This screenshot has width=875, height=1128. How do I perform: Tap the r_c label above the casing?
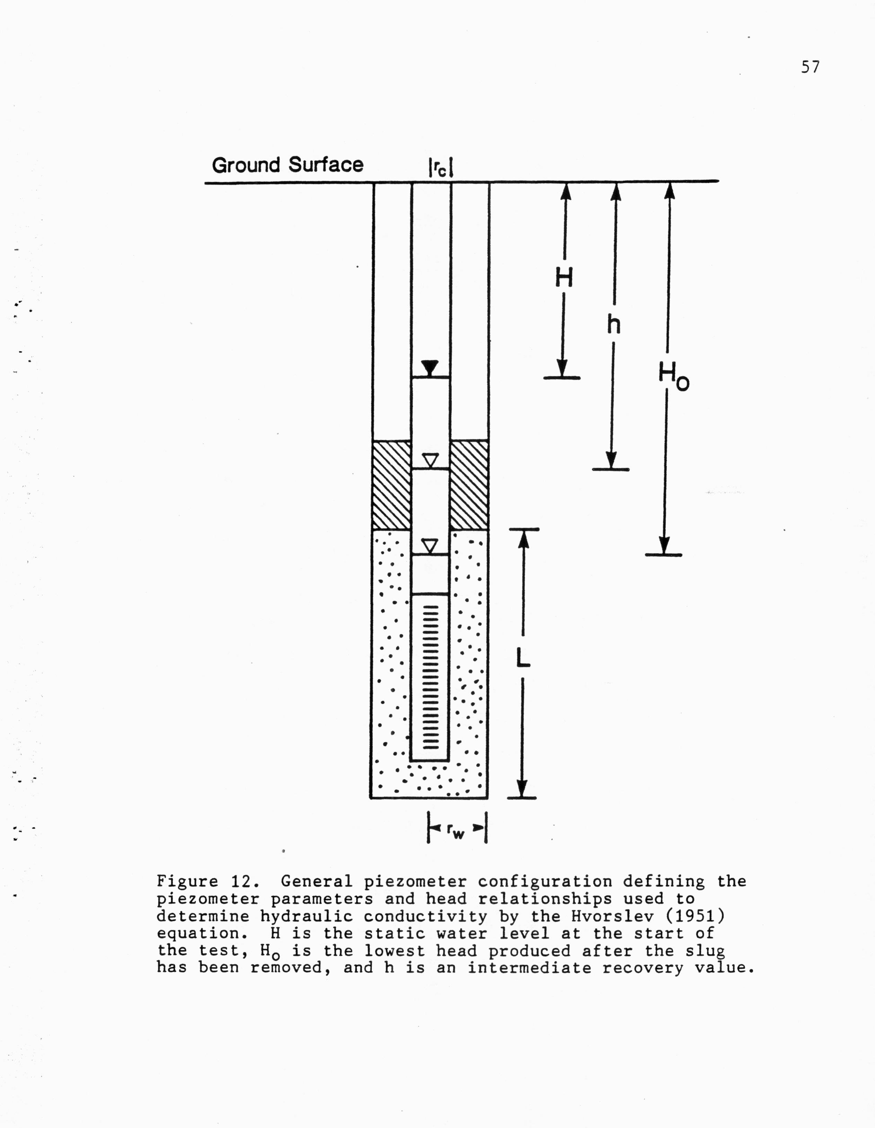440,168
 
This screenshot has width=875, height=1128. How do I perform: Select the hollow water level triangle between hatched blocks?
430,460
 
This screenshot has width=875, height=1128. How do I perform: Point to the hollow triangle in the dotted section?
430,546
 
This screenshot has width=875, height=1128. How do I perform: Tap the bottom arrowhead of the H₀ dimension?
664,546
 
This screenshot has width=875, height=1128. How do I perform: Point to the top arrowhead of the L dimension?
523,540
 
